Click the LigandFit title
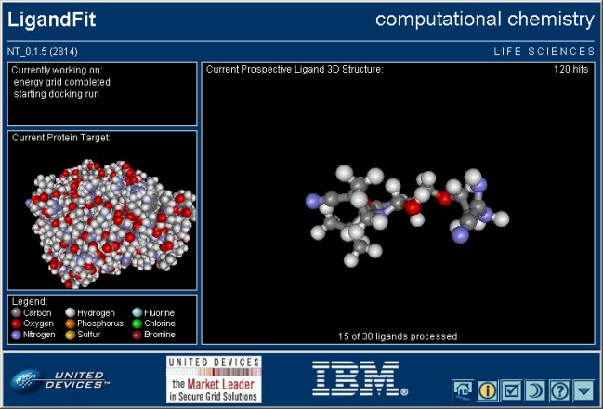click(x=51, y=20)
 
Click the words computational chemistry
click(x=485, y=20)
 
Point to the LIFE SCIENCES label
click(x=544, y=51)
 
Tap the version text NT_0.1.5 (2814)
click(x=43, y=51)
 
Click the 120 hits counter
click(x=570, y=70)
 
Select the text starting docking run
click(x=56, y=94)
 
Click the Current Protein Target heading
click(x=60, y=138)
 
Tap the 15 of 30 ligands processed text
click(x=398, y=336)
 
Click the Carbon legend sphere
click(x=17, y=312)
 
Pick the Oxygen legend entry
click(x=33, y=323)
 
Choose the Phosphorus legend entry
click(x=94, y=323)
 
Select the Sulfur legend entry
click(x=83, y=335)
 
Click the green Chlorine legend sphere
click(x=137, y=323)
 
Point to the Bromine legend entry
click(x=153, y=335)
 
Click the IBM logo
click(x=360, y=378)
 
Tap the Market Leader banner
click(x=214, y=379)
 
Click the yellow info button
click(x=487, y=391)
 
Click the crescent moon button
click(x=536, y=391)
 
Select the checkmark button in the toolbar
click(x=511, y=391)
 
